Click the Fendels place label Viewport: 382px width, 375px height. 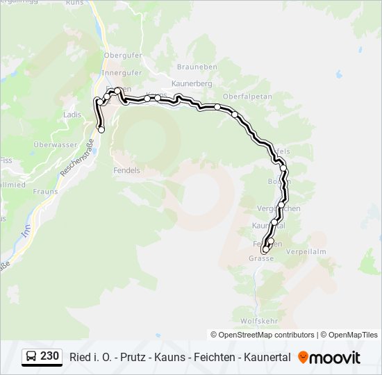[x=126, y=169]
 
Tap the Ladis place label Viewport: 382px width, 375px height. [x=72, y=114]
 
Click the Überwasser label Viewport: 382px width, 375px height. [x=56, y=144]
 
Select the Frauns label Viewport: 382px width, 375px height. [x=44, y=191]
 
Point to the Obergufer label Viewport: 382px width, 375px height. [x=122, y=56]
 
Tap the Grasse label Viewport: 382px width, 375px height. [x=261, y=258]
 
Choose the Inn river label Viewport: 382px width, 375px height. [x=26, y=231]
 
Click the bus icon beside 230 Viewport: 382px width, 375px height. [x=31, y=356]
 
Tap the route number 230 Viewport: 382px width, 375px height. [x=49, y=356]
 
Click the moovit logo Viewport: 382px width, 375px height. [x=329, y=358]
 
